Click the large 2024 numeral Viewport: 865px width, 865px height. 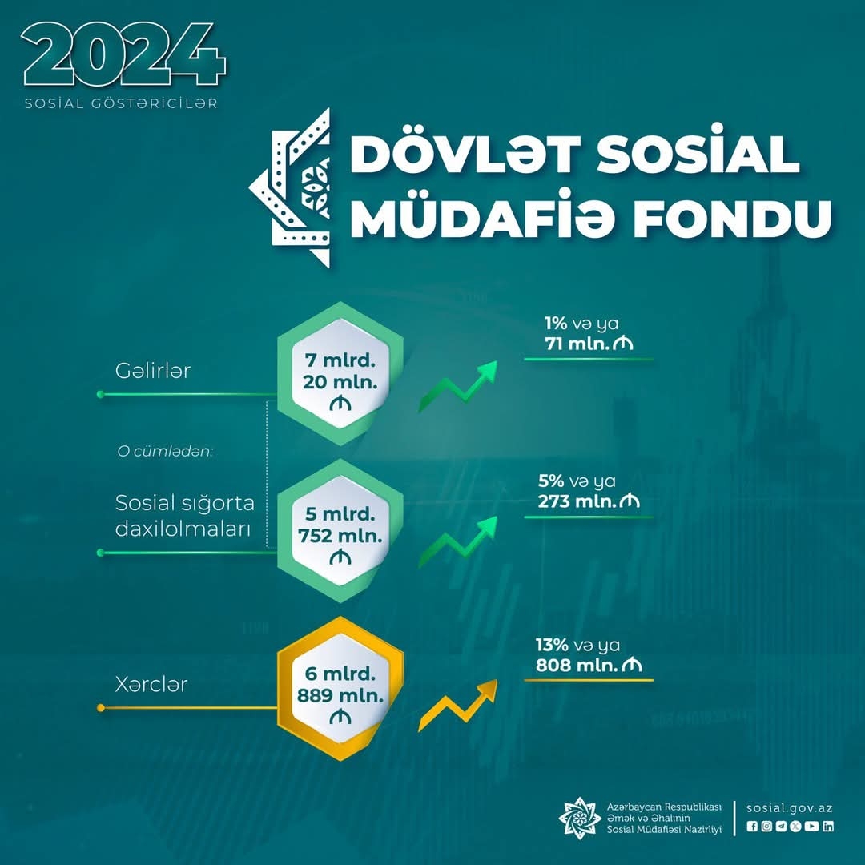pyautogui.click(x=123, y=54)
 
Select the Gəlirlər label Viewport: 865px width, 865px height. pyautogui.click(x=153, y=371)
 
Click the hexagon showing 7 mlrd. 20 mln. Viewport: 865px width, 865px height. pyautogui.click(x=340, y=373)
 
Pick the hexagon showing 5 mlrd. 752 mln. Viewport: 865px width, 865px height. pyautogui.click(x=340, y=531)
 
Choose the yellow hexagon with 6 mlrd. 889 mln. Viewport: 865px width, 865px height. pyautogui.click(x=340, y=689)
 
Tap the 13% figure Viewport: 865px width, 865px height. pyautogui.click(x=552, y=645)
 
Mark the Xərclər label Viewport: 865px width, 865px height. pyautogui.click(x=151, y=685)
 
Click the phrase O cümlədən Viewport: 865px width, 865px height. pyautogui.click(x=165, y=451)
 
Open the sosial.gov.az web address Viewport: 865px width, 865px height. pyautogui.click(x=790, y=808)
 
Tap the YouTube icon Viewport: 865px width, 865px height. pyautogui.click(x=811, y=827)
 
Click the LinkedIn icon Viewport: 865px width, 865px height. pyautogui.click(x=828, y=827)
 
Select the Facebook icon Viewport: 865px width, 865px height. pyautogui.click(x=752, y=827)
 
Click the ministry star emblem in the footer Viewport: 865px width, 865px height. pyautogui.click(x=579, y=818)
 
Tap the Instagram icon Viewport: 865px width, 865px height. pyautogui.click(x=766, y=827)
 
